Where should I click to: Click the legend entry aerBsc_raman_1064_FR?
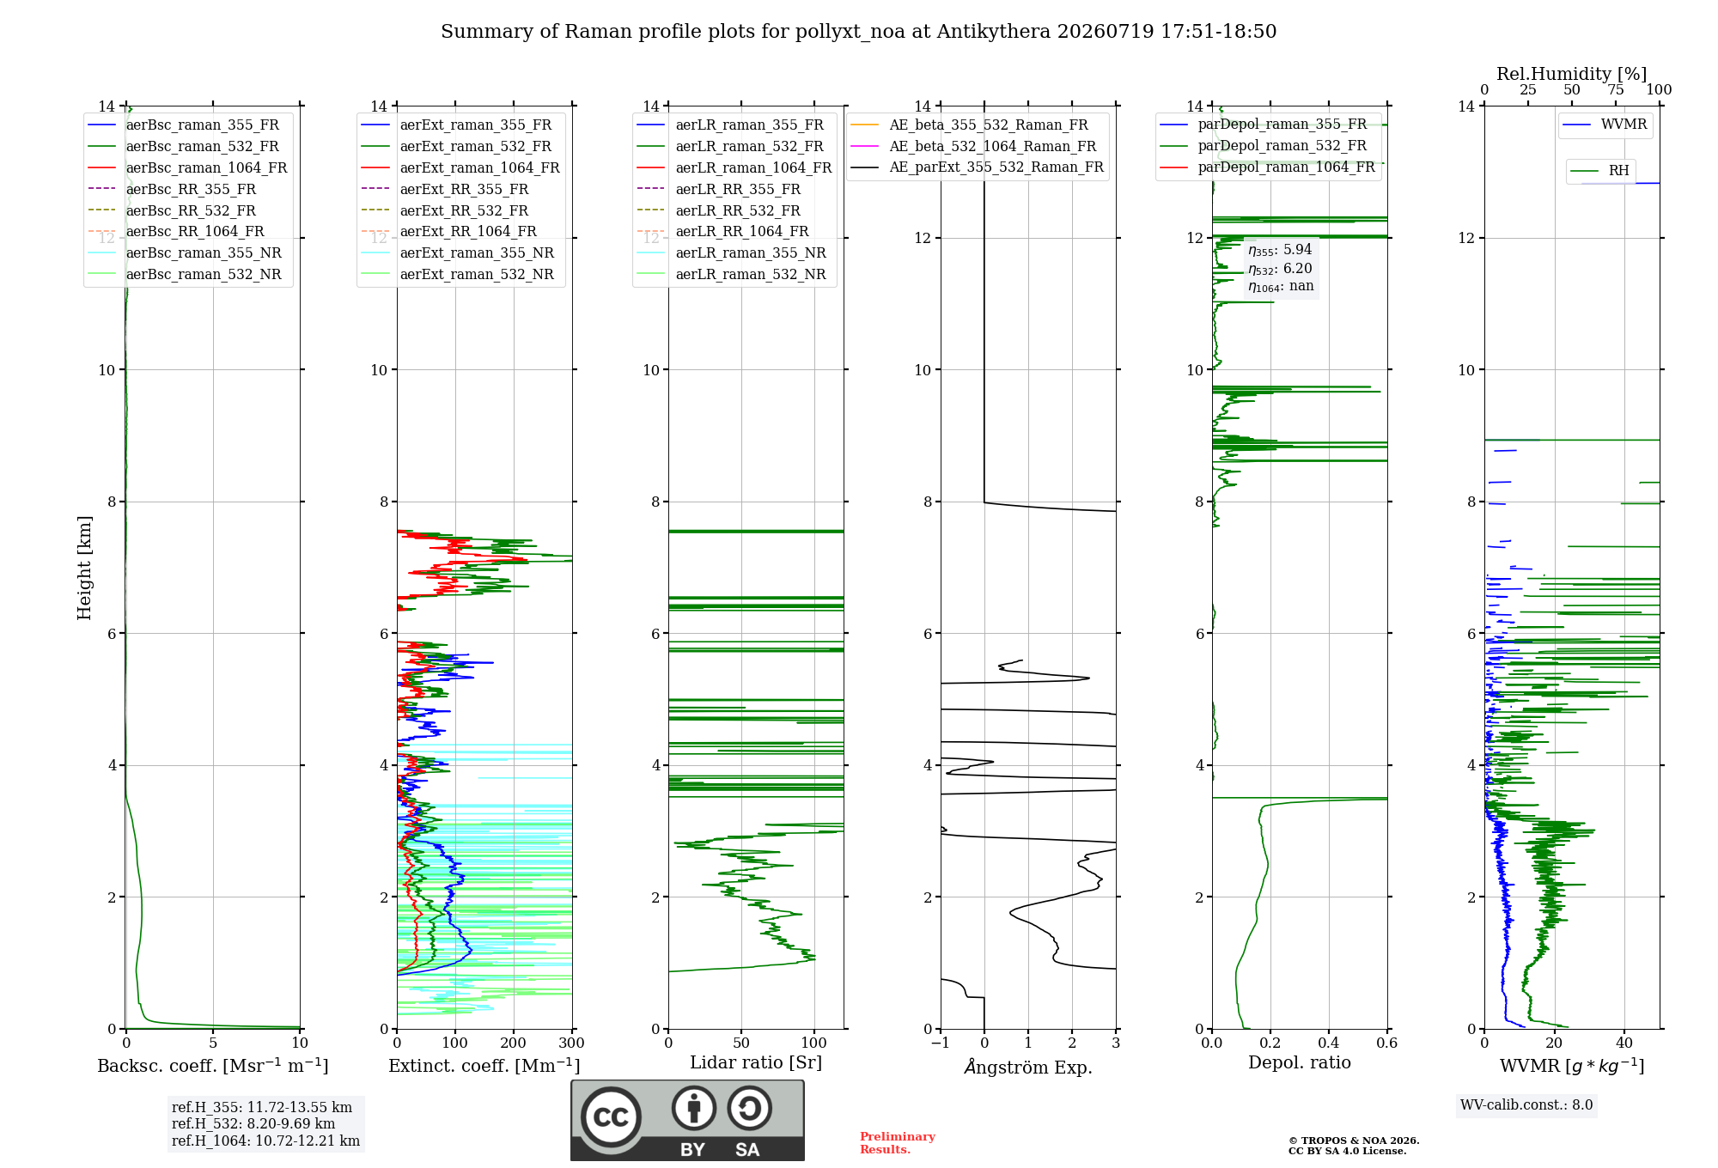click(x=187, y=167)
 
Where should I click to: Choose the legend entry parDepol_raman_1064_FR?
click(x=1268, y=167)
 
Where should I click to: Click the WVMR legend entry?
click(x=1605, y=125)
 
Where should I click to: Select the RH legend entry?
click(x=1599, y=171)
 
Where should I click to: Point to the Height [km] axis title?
click(x=84, y=568)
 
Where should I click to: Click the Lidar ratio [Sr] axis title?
click(x=756, y=1062)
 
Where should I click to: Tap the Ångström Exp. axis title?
click(x=1028, y=1067)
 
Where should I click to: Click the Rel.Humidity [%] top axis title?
click(x=1572, y=74)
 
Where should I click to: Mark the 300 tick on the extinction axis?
click(x=571, y=1043)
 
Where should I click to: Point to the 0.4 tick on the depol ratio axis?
click(x=1329, y=1043)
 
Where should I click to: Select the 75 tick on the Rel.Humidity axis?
click(x=1616, y=90)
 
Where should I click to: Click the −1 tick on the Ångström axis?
click(x=940, y=1043)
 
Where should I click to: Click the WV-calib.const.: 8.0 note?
click(x=1526, y=1104)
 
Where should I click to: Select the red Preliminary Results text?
click(x=898, y=1143)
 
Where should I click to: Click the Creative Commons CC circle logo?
click(x=611, y=1117)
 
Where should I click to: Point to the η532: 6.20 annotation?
click(x=1280, y=268)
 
